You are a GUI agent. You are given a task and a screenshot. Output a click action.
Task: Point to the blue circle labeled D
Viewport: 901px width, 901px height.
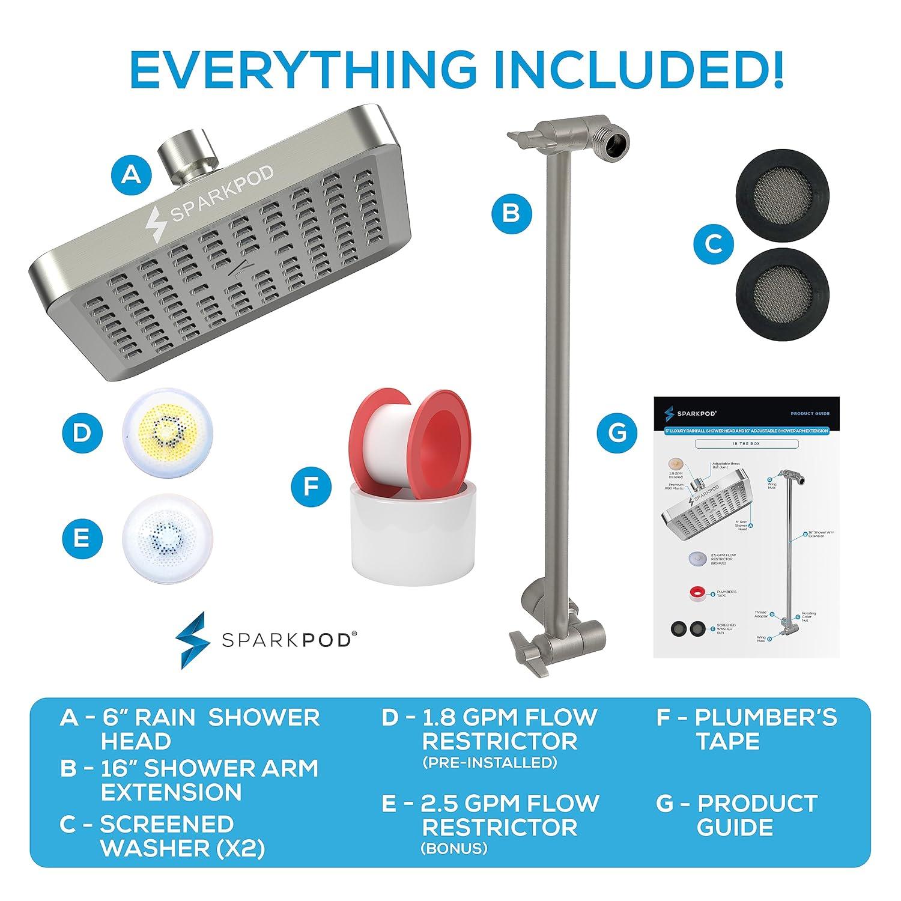pyautogui.click(x=81, y=432)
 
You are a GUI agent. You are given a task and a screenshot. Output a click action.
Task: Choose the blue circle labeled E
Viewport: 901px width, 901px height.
pyautogui.click(x=81, y=536)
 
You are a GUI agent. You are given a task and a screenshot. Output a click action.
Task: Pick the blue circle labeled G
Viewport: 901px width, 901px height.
pyautogui.click(x=617, y=432)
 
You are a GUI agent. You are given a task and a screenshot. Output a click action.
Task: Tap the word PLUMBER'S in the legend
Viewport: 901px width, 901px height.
pyautogui.click(x=766, y=717)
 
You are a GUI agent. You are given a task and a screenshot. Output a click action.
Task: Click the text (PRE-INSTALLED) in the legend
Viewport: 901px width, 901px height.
pyautogui.click(x=489, y=763)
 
